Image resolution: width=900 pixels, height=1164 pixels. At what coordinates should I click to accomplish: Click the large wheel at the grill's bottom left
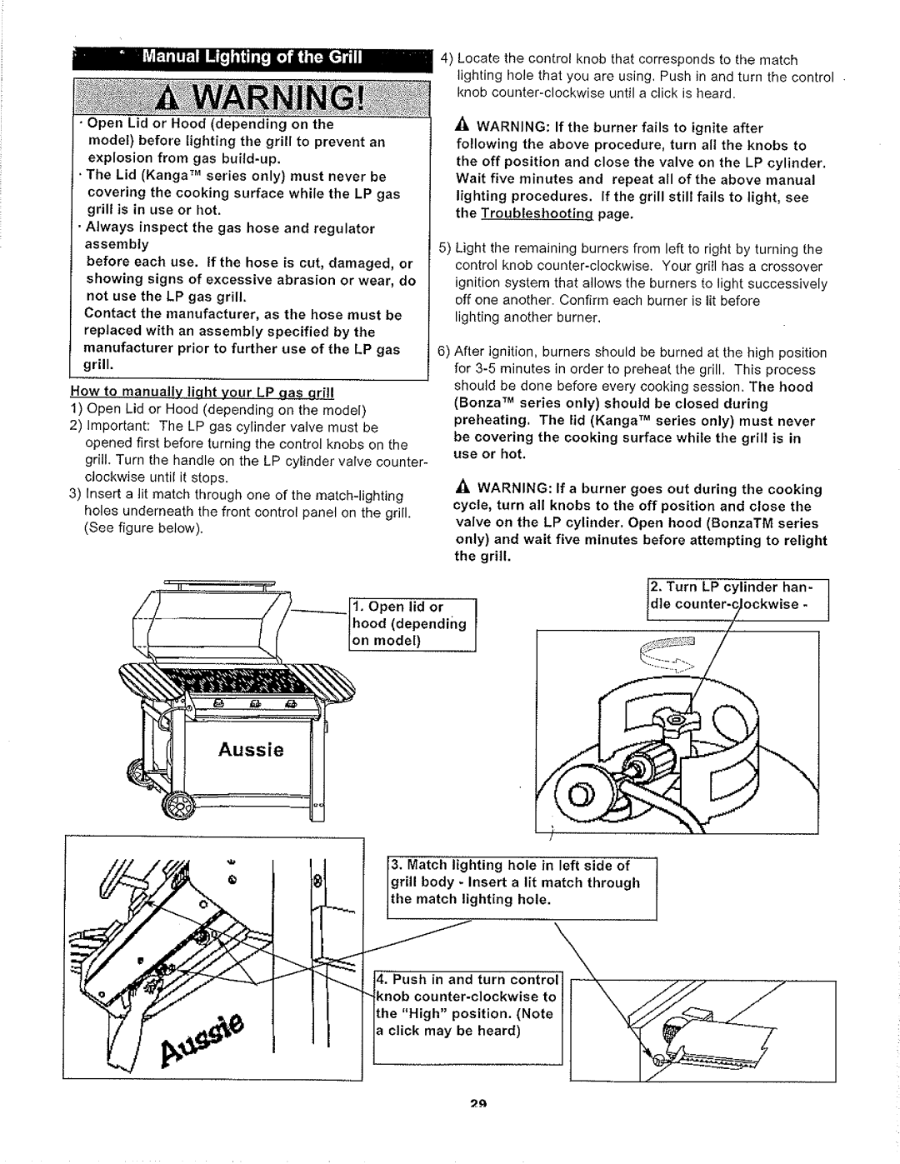click(x=177, y=804)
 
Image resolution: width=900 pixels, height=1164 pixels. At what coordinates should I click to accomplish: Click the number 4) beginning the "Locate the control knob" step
click(x=447, y=59)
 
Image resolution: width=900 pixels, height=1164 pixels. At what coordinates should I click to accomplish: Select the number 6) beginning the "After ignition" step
click(x=446, y=352)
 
